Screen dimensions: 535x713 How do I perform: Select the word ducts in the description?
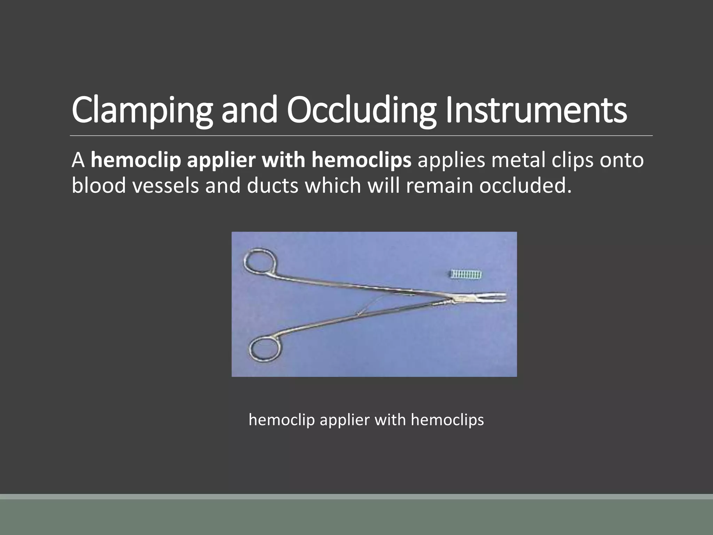[x=273, y=186]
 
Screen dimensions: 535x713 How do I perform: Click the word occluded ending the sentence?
[x=525, y=186]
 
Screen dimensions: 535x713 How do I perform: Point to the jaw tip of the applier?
[x=501, y=296]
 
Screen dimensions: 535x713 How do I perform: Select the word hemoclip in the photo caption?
[x=282, y=420]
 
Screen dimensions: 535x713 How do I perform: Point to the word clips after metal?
[x=571, y=161]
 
